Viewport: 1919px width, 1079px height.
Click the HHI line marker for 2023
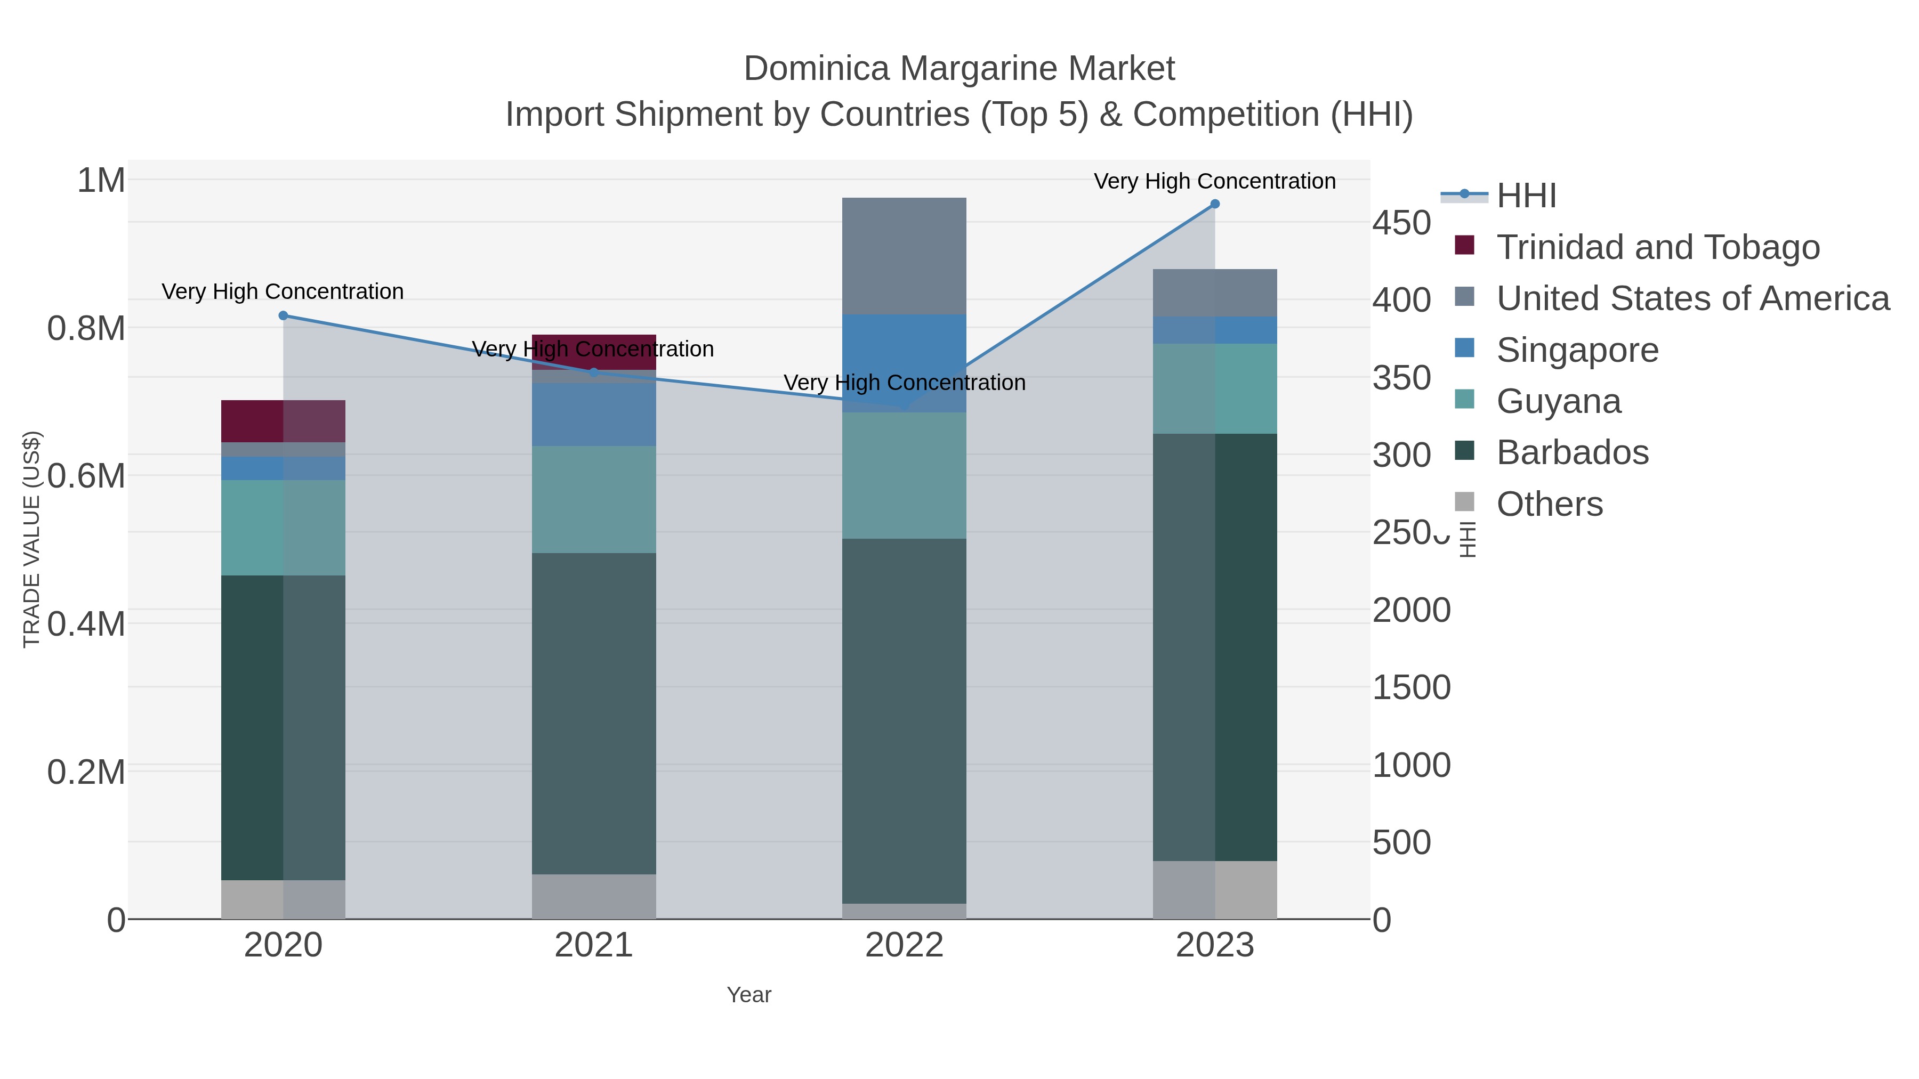[x=1214, y=204]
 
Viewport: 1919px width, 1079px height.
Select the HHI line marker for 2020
[x=283, y=316]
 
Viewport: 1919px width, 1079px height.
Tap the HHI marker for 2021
[x=594, y=372]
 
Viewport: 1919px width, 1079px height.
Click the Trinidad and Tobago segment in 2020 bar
[x=283, y=421]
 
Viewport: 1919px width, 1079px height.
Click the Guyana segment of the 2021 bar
[x=594, y=499]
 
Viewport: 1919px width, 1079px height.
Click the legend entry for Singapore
[x=1577, y=350]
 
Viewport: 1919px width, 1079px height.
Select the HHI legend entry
[x=1526, y=196]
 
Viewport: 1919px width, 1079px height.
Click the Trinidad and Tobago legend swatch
[x=1464, y=246]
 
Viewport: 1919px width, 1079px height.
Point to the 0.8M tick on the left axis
[x=86, y=328]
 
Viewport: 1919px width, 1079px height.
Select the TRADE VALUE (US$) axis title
[x=31, y=539]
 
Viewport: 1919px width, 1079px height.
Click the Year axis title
[x=749, y=995]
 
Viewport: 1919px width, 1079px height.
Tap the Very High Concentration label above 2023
[x=1214, y=181]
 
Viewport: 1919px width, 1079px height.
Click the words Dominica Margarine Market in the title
[x=959, y=69]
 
